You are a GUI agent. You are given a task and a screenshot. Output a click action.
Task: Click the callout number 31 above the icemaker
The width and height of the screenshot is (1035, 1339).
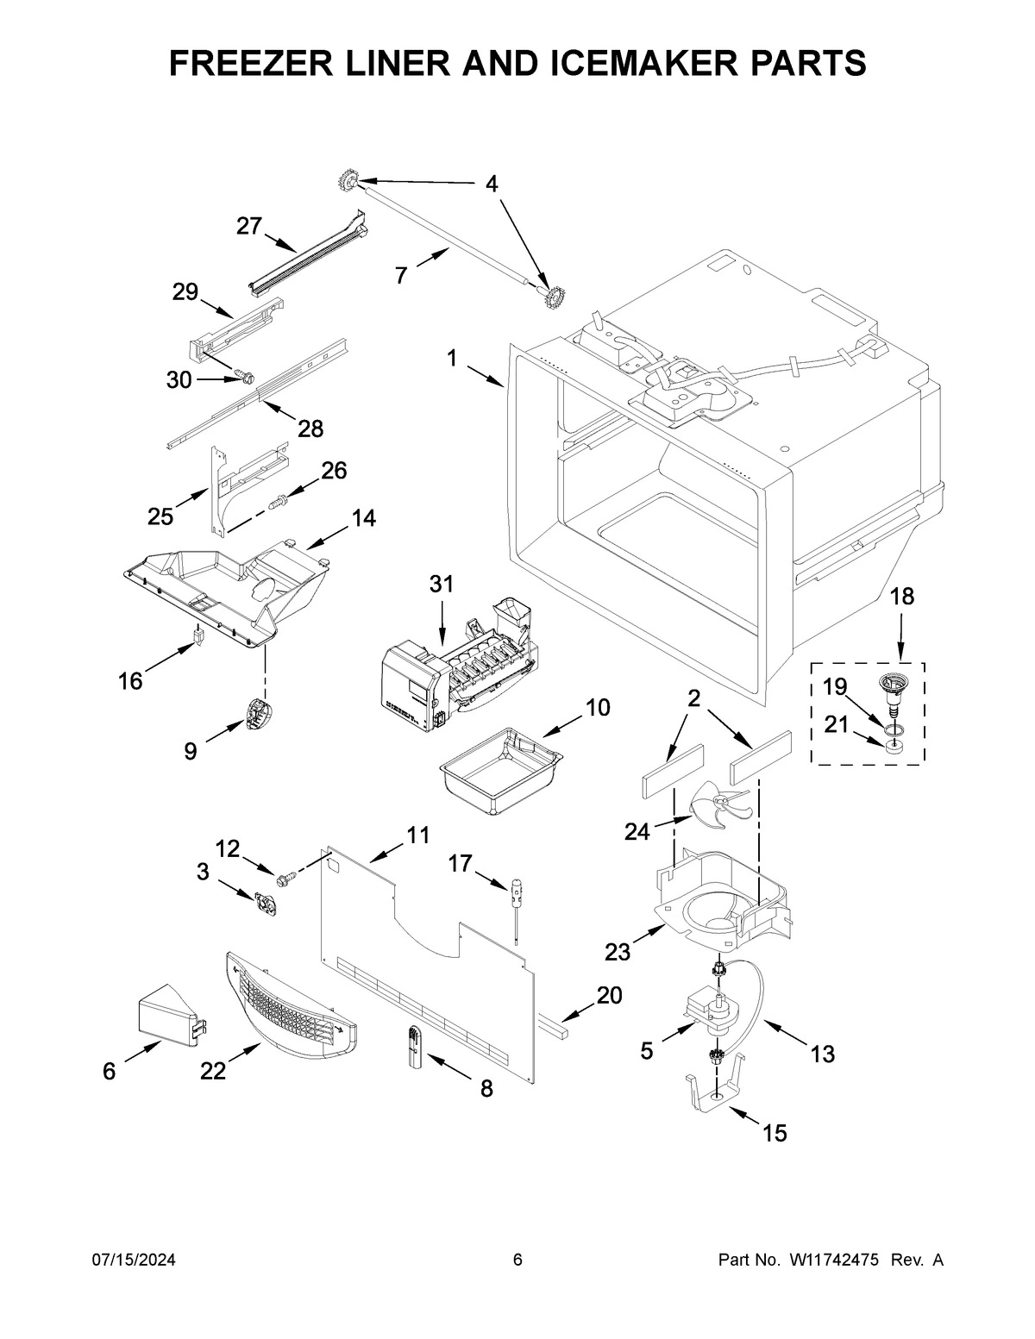[441, 584]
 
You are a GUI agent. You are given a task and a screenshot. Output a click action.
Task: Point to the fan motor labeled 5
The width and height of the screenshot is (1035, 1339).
[712, 1013]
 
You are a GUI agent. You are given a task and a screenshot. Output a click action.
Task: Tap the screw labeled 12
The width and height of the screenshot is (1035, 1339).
[284, 878]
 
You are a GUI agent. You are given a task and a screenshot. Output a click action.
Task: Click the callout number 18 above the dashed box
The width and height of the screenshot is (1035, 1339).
[901, 596]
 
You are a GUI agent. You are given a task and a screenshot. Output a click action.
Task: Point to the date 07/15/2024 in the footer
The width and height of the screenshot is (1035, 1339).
[134, 1260]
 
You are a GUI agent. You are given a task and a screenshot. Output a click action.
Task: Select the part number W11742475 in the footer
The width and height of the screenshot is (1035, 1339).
[833, 1260]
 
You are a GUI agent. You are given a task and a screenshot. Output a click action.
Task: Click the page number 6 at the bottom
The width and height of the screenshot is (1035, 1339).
[517, 1260]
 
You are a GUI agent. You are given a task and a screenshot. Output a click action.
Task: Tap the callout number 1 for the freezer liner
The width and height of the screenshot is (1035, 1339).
[452, 358]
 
